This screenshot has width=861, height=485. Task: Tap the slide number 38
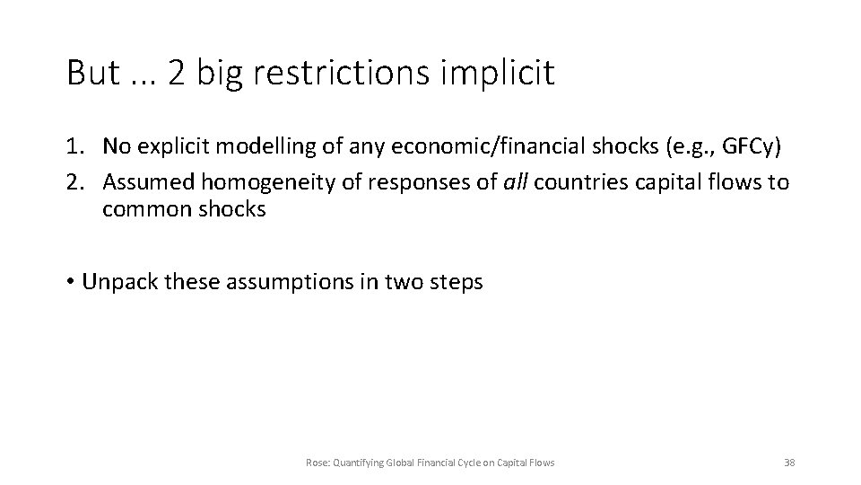pos(789,463)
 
